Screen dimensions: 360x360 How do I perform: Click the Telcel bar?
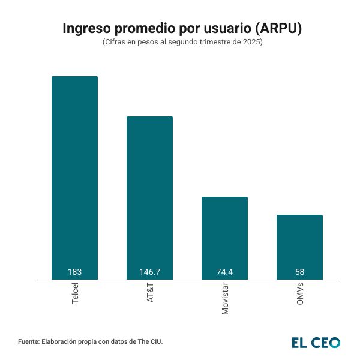(74, 174)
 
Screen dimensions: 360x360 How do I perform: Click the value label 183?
(74, 272)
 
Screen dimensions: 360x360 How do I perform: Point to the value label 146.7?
(149, 272)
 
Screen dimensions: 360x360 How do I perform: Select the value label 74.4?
(224, 272)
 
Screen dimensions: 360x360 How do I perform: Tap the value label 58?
(299, 272)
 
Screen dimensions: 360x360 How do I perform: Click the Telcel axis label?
(75, 294)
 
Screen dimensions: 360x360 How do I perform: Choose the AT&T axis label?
(150, 293)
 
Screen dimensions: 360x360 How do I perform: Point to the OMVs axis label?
(300, 294)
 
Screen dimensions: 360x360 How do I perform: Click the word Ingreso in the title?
(87, 29)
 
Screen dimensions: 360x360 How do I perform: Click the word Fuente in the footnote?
(29, 341)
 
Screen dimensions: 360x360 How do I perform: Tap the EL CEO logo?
(316, 343)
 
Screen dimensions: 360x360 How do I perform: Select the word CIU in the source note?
(155, 341)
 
